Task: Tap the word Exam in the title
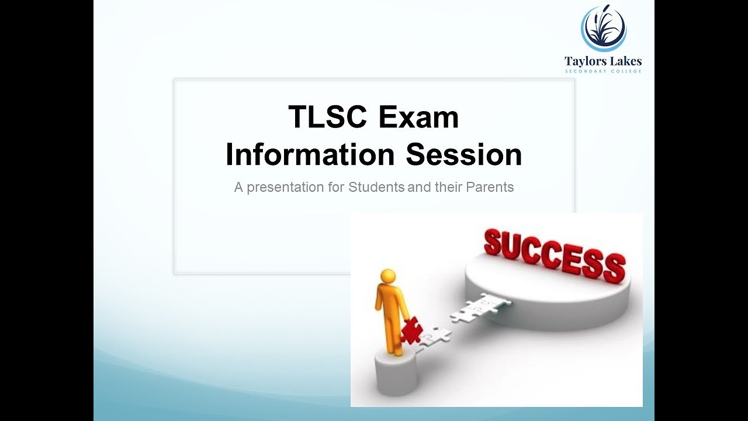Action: [x=418, y=118]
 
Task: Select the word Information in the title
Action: [x=310, y=155]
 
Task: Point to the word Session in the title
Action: [x=464, y=155]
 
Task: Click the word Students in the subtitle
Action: [x=376, y=188]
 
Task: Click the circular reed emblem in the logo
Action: [x=603, y=28]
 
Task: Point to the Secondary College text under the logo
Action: [x=603, y=71]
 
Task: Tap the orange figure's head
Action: [x=388, y=277]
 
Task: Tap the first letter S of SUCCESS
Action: [x=494, y=243]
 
